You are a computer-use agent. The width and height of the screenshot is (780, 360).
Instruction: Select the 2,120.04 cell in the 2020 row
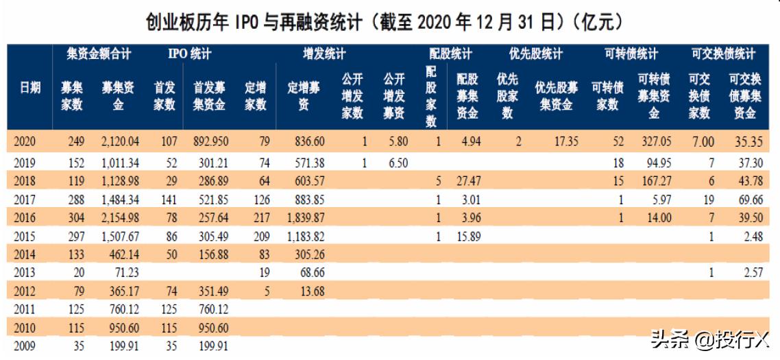coord(119,142)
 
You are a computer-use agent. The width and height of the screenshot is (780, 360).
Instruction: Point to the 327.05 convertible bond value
coord(654,142)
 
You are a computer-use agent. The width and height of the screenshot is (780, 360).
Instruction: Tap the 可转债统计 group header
coord(632,53)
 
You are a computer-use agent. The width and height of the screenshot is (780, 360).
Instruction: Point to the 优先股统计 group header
coord(536,53)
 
